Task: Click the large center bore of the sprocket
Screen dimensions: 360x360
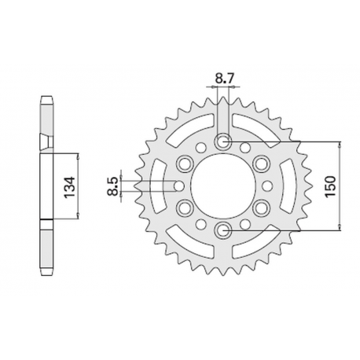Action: (224, 186)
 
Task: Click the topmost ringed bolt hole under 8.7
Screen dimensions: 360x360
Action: (224, 141)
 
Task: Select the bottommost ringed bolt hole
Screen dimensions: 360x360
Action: (224, 230)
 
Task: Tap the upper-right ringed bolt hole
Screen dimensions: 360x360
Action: (262, 163)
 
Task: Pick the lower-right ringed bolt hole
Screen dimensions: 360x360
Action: (262, 208)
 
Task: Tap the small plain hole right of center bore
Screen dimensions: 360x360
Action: (268, 186)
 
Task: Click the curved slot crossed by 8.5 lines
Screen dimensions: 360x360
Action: (157, 186)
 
